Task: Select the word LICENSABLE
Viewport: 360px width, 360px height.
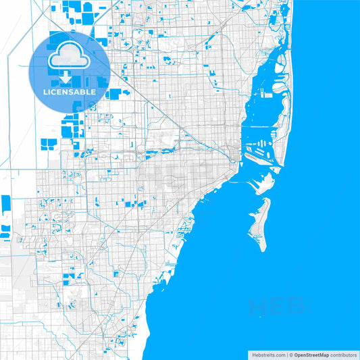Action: [x=70, y=91]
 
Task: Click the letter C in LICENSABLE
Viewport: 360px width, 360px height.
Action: [x=54, y=91]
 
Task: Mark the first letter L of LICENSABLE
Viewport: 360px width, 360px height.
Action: [x=45, y=91]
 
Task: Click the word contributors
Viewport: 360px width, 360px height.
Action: [x=341, y=354]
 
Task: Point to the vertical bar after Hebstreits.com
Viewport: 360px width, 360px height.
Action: [x=286, y=354]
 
